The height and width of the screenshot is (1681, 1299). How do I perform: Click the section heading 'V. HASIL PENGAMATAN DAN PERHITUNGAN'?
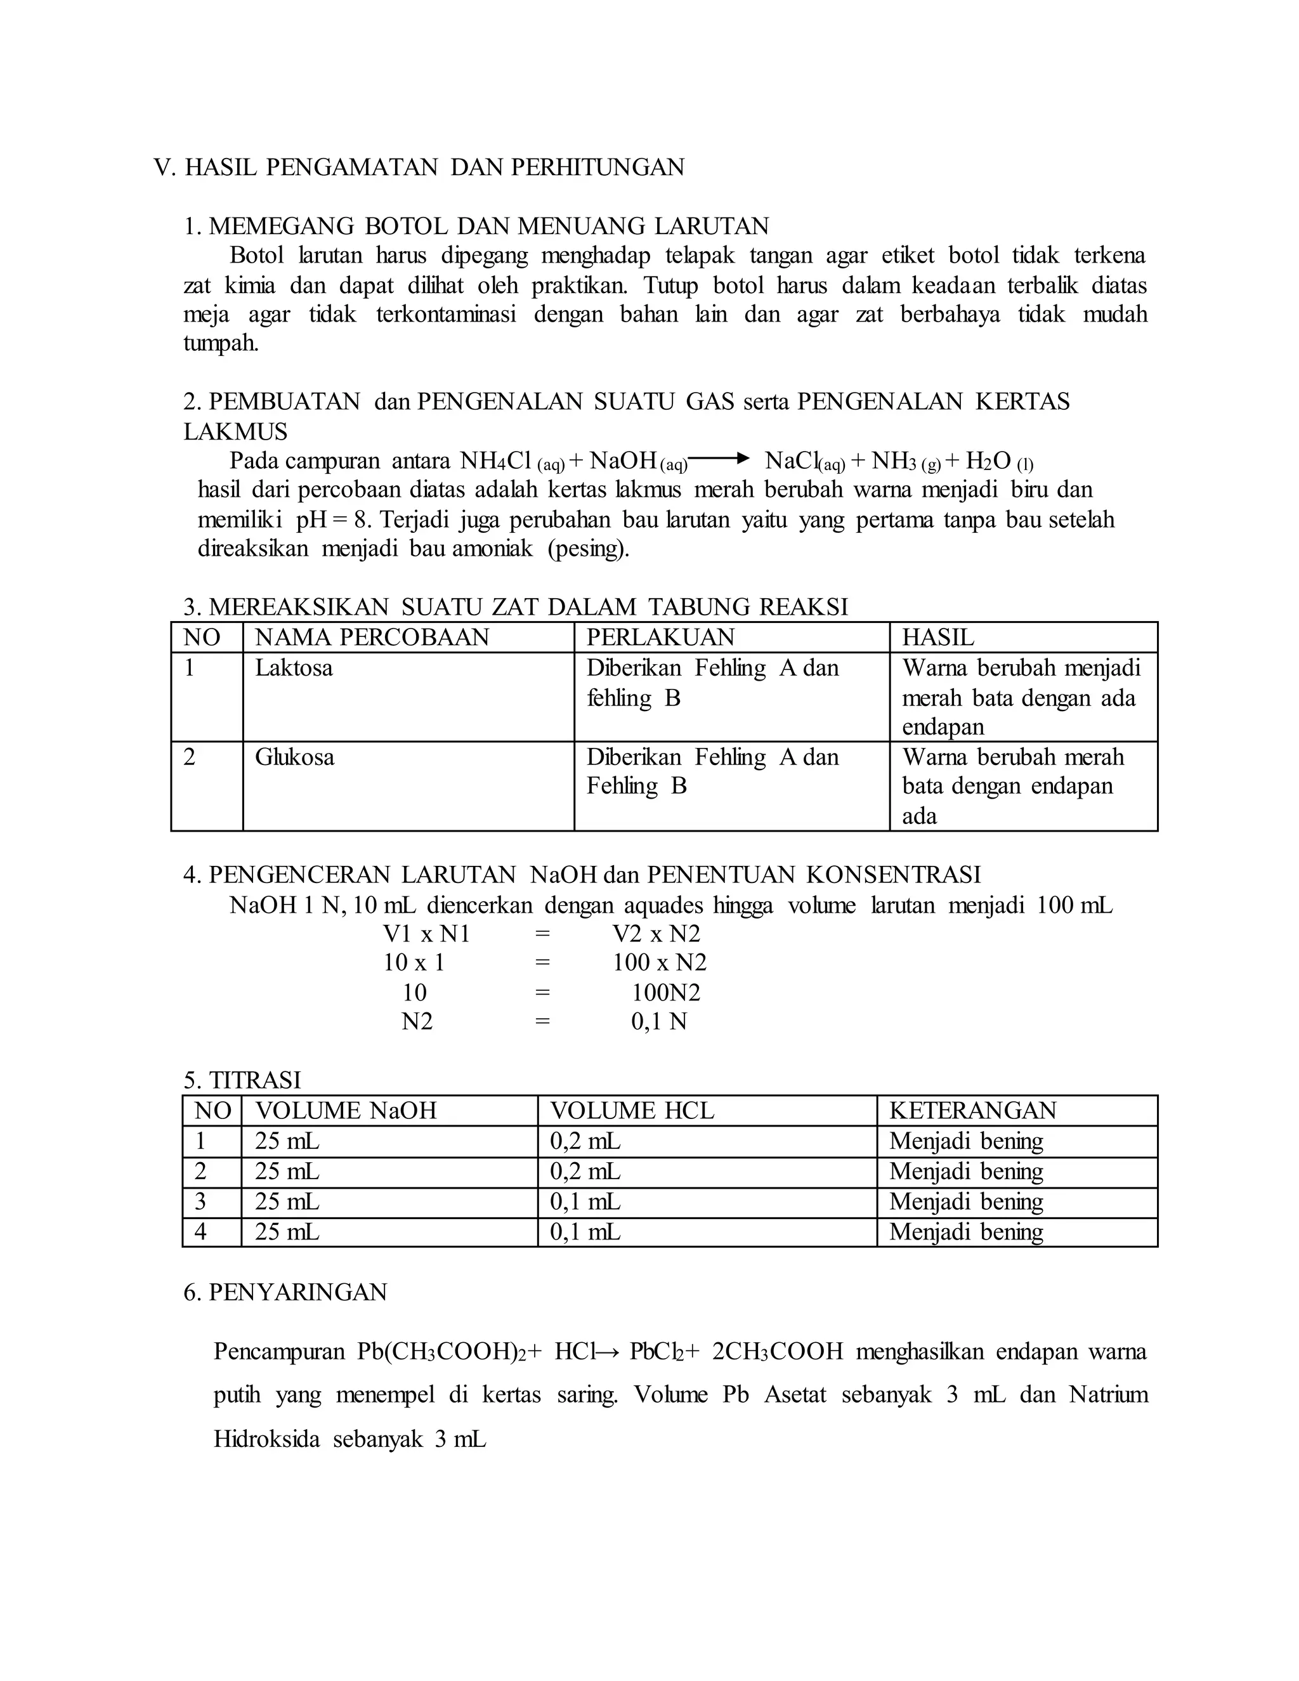coord(419,167)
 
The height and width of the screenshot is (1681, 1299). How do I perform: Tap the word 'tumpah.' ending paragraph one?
coord(221,343)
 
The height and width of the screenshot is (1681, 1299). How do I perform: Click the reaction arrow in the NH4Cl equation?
coord(719,459)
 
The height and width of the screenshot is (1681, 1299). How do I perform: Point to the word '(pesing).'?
coord(588,549)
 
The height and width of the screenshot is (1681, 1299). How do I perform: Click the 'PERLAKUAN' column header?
coord(660,638)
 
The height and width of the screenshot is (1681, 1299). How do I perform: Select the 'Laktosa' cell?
coord(294,667)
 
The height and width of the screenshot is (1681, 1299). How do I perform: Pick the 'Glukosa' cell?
coord(295,757)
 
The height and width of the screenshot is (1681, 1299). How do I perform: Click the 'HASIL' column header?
coord(937,638)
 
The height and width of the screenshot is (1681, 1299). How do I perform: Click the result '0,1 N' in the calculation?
coord(659,1021)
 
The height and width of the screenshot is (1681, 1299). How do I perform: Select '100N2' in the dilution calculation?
coord(665,993)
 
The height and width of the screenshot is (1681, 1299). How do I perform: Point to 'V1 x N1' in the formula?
coord(426,934)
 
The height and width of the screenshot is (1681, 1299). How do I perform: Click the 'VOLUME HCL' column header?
coord(632,1111)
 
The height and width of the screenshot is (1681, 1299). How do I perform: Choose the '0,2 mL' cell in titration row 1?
coord(585,1141)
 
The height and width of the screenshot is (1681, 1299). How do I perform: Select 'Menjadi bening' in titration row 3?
coord(966,1201)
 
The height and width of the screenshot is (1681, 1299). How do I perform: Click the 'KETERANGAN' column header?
coord(973,1111)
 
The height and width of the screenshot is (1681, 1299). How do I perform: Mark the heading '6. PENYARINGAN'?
coord(285,1292)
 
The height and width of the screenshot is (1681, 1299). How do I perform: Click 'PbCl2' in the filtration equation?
coord(652,1352)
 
